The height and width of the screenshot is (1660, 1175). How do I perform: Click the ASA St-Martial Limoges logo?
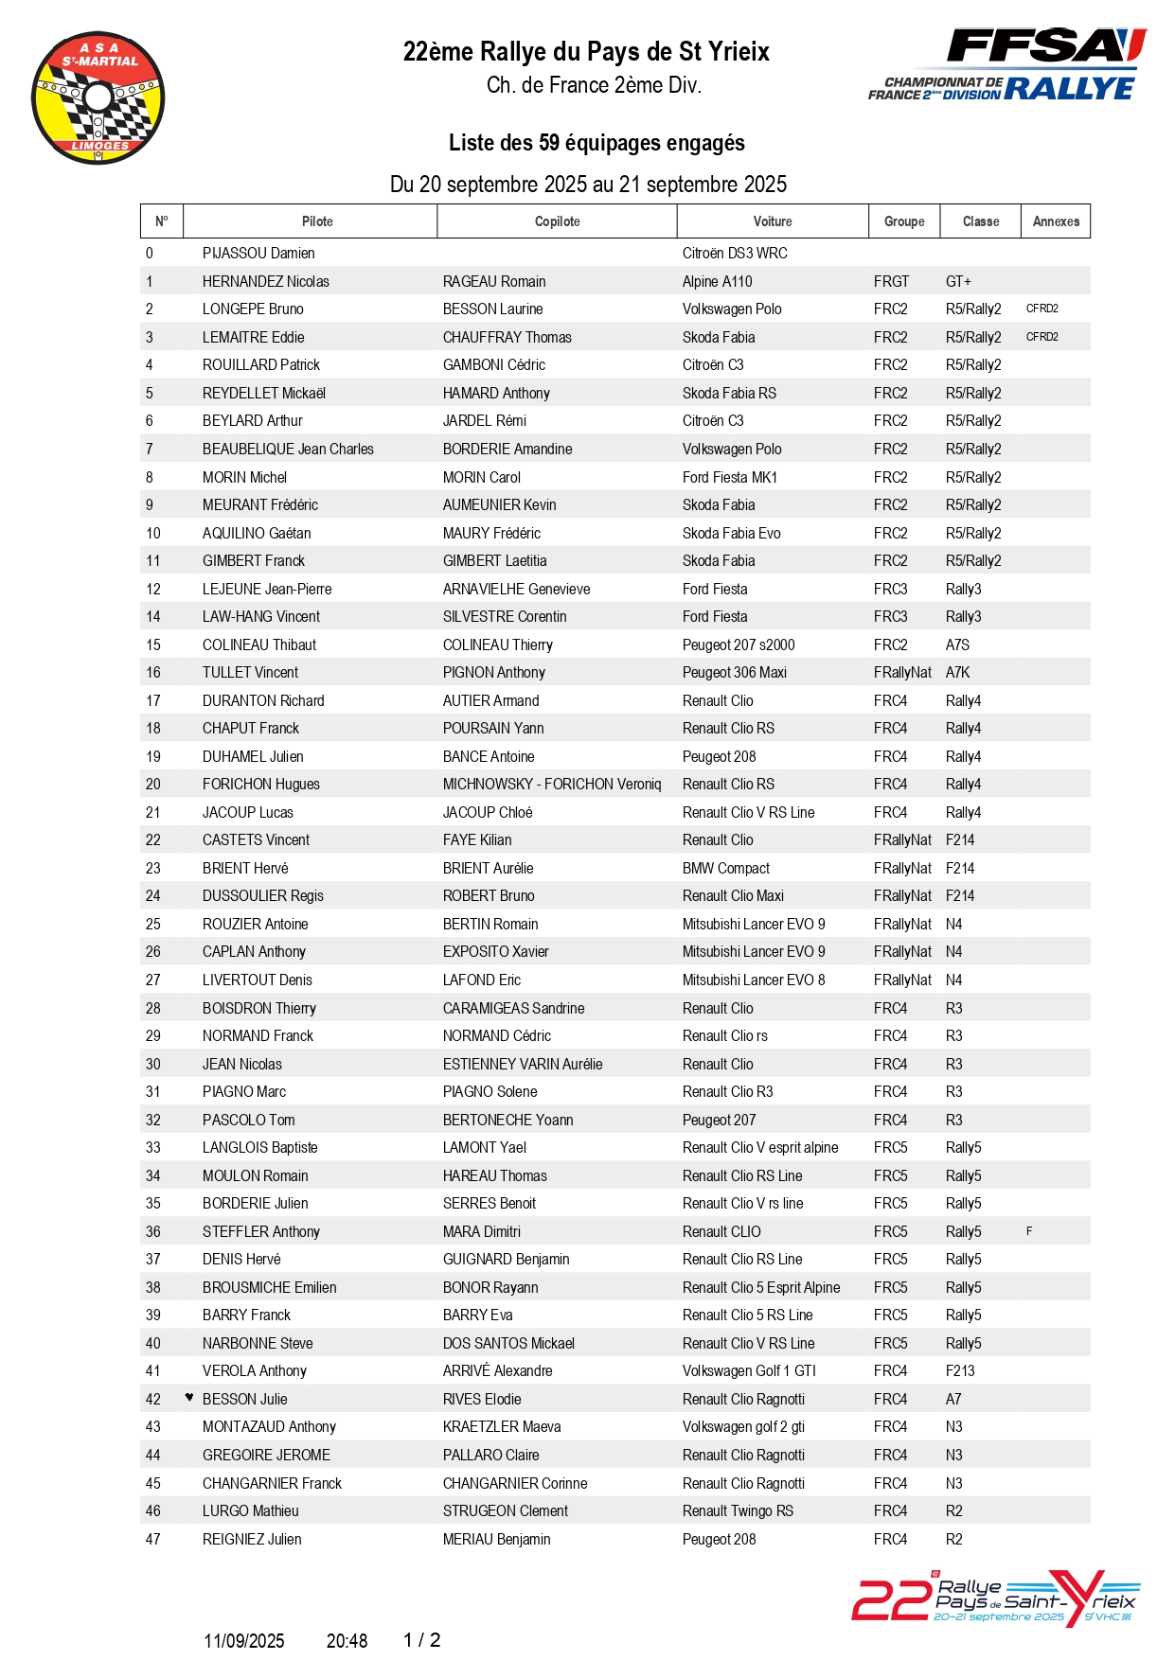(98, 97)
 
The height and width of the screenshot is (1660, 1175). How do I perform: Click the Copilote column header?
(557, 221)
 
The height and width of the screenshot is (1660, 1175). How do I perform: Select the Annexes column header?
(1056, 221)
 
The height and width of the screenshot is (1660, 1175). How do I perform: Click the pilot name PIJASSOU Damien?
(258, 254)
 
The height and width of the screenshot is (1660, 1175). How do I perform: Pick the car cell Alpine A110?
(717, 281)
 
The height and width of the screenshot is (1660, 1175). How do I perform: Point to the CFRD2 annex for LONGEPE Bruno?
(1041, 309)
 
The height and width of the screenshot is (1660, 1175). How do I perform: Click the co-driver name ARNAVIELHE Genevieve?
(516, 589)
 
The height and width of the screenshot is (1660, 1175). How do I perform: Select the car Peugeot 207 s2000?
(739, 645)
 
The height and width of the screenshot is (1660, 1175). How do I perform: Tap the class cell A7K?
(957, 673)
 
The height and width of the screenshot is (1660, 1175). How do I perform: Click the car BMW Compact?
(725, 868)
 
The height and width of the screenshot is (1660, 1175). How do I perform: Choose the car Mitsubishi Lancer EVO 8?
(754, 980)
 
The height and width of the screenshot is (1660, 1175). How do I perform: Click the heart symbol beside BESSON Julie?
(189, 1397)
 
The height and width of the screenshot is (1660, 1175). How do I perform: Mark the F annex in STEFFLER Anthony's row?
(1029, 1231)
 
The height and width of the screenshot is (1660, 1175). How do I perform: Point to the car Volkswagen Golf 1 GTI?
(749, 1370)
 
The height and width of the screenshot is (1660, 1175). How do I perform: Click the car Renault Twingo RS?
(738, 1510)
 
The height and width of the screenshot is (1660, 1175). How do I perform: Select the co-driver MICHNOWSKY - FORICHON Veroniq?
(552, 784)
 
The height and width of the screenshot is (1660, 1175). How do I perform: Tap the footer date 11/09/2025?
(244, 1641)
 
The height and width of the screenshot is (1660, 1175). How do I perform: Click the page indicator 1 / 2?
(421, 1640)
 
